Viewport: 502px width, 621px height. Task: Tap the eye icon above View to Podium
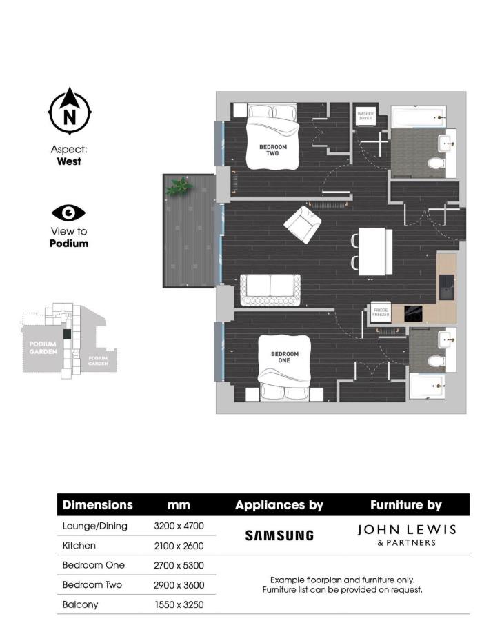[x=69, y=213]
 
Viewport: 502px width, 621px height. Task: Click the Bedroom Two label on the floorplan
[x=273, y=150]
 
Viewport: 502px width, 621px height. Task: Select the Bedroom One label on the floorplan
[x=285, y=357]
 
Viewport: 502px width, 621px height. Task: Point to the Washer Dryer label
[x=365, y=115]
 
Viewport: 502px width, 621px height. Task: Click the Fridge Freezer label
[x=381, y=311]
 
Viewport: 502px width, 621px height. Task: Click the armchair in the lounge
[x=302, y=224]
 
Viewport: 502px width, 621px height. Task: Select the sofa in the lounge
[x=270, y=290]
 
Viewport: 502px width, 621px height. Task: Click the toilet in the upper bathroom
[x=435, y=163]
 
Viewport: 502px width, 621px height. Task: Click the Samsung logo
[x=279, y=535]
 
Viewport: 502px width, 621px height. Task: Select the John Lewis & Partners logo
[x=406, y=534]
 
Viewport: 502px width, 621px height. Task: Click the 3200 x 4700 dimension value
[x=179, y=525]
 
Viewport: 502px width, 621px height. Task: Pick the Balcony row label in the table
[x=81, y=604]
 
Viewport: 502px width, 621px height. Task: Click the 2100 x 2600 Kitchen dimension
[x=179, y=545]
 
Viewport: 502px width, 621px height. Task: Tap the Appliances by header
[x=279, y=505]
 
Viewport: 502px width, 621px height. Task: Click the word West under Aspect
[x=69, y=161]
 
